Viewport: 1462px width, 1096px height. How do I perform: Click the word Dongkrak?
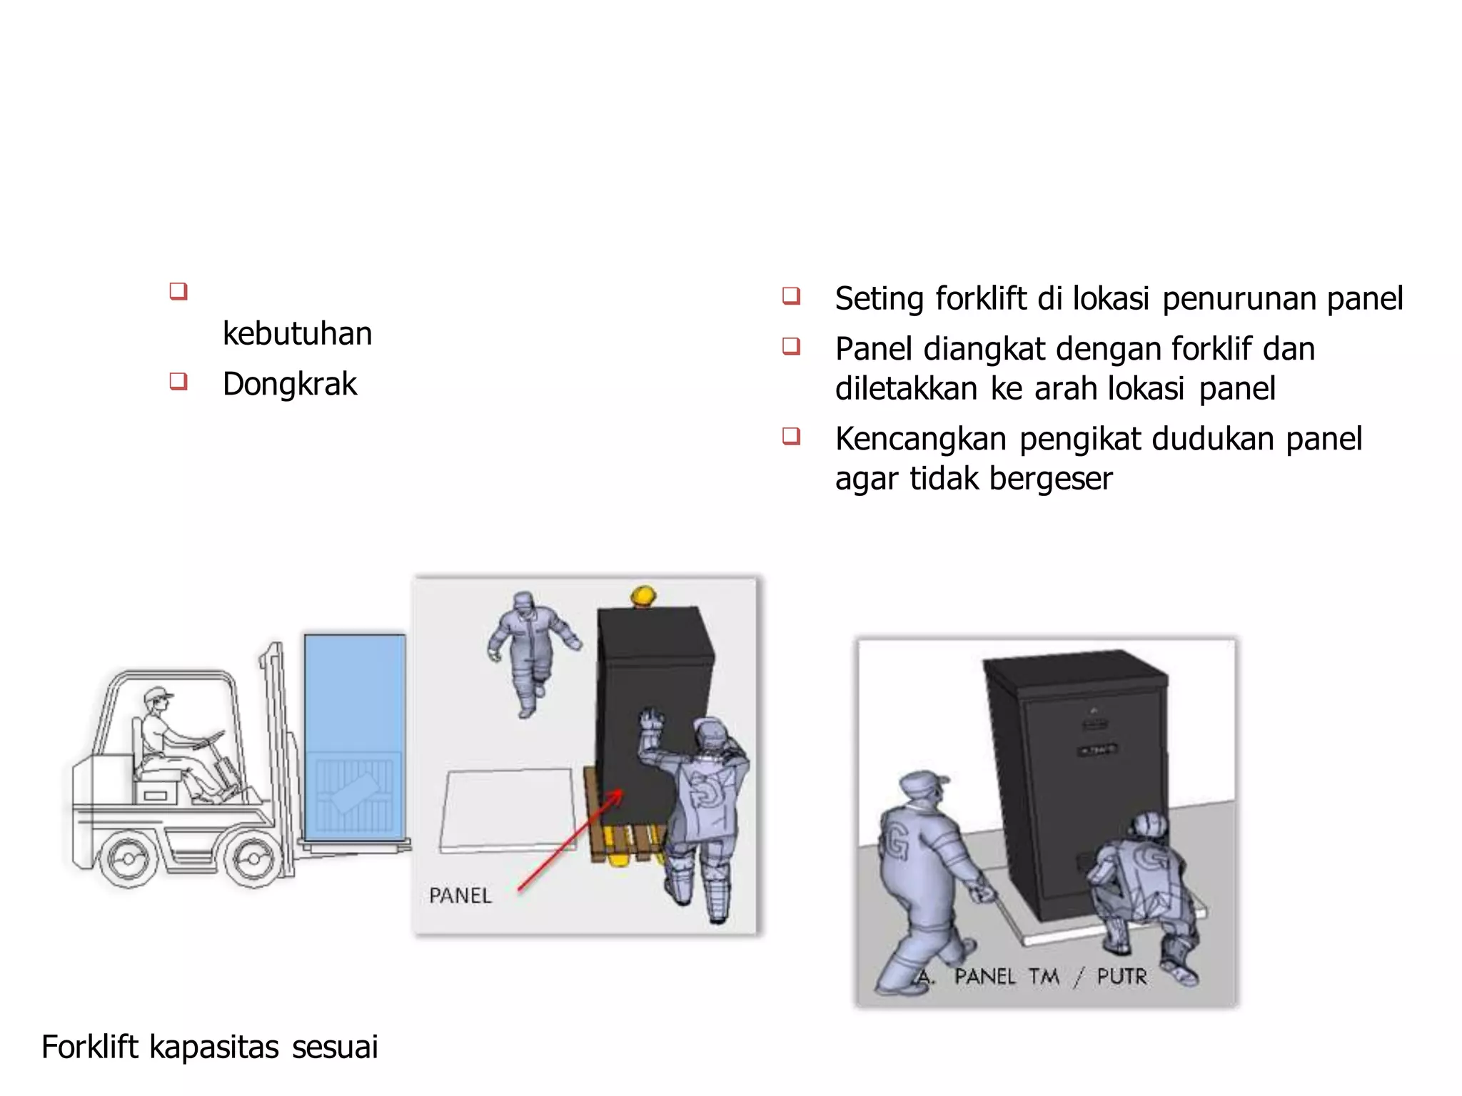tap(289, 384)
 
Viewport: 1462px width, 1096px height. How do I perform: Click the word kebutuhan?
tap(297, 333)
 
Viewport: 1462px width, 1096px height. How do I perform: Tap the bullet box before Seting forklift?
tap(790, 295)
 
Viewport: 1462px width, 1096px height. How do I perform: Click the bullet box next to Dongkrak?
tap(178, 381)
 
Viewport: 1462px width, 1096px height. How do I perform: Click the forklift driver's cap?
tap(158, 694)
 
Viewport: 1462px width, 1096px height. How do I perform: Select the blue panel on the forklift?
tap(355, 735)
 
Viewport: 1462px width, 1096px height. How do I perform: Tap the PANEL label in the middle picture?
tap(460, 895)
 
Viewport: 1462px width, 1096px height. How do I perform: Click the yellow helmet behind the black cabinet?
tap(643, 595)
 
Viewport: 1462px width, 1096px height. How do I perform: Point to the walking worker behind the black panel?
tap(532, 649)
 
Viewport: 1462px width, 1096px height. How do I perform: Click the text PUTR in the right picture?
tap(1122, 976)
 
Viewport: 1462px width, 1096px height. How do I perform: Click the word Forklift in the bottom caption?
tap(90, 1047)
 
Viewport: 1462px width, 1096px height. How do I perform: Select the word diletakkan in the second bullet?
tap(906, 389)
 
